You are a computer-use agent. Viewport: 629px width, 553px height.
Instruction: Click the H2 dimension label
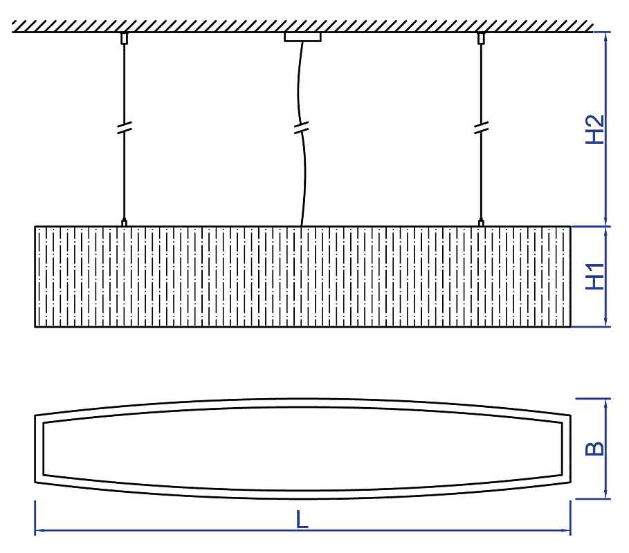click(x=595, y=129)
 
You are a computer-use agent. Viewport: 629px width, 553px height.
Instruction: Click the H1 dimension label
click(x=595, y=276)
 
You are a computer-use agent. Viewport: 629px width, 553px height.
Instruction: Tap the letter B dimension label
click(x=595, y=449)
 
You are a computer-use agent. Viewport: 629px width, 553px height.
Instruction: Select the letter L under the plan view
click(x=302, y=519)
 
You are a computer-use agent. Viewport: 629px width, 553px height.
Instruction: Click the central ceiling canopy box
click(x=303, y=37)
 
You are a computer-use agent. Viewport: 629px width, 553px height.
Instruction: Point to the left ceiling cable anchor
click(x=125, y=39)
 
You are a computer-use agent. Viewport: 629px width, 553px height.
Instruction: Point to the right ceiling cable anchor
click(x=482, y=39)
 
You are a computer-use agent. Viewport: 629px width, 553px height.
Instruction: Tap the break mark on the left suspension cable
click(x=125, y=127)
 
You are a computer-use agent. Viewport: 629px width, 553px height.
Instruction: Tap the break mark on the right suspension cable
click(x=482, y=127)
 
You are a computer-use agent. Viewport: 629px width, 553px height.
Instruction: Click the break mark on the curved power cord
click(x=301, y=127)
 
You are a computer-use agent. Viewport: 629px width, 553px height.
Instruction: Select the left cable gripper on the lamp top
click(x=125, y=223)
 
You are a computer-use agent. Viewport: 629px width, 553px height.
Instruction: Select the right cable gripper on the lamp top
click(x=481, y=223)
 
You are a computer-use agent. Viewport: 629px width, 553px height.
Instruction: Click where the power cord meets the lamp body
click(x=302, y=227)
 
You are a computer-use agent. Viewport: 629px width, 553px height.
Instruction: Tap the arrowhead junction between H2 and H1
click(x=605, y=227)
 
